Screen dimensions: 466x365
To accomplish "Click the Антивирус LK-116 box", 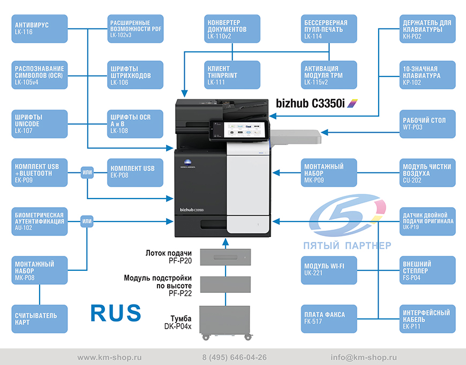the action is [x=40, y=28].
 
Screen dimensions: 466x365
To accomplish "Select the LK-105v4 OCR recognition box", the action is [x=40, y=75].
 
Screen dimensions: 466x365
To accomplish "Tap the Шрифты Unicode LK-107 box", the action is [x=40, y=124].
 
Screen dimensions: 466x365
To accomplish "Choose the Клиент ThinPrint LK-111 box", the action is [x=232, y=75].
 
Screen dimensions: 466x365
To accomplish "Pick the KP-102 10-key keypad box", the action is [x=427, y=75].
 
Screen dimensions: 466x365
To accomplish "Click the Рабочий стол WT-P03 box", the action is [x=427, y=124].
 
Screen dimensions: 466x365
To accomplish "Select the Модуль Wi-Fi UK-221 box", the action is [x=329, y=270].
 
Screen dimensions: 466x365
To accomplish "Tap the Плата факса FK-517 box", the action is [x=329, y=318].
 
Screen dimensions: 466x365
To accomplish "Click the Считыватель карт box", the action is [x=40, y=318].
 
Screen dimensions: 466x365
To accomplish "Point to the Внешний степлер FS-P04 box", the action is [x=427, y=270].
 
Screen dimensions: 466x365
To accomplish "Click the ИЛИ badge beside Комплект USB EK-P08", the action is [x=87, y=172].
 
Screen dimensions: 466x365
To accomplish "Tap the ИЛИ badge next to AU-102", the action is [x=87, y=221].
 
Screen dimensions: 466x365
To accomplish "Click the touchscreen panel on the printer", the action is [x=239, y=130].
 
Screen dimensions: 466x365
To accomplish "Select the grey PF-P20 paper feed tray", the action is [x=226, y=257].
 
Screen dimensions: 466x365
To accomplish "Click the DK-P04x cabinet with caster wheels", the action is [x=226, y=323].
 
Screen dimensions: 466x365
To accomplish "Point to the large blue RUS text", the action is [x=116, y=313].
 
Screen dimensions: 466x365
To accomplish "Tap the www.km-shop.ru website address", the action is [x=109, y=358].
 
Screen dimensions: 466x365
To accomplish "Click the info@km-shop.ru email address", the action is [x=364, y=358].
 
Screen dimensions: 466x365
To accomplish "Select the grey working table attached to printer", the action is [x=296, y=137].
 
